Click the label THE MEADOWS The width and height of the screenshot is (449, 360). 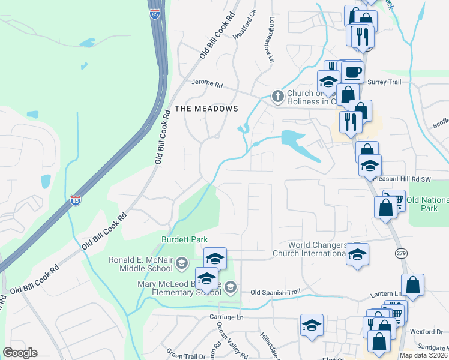tap(206, 109)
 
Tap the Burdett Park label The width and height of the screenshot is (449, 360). tap(184, 239)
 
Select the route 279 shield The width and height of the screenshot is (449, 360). tap(401, 254)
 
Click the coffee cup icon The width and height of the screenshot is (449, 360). tap(353, 73)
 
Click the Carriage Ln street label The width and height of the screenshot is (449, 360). tap(227, 316)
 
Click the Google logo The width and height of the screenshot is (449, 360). tap(20, 353)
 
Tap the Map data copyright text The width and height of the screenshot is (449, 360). tap(423, 355)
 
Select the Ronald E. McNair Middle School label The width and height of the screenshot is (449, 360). tap(143, 264)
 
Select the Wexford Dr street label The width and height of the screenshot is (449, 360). tap(426, 331)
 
